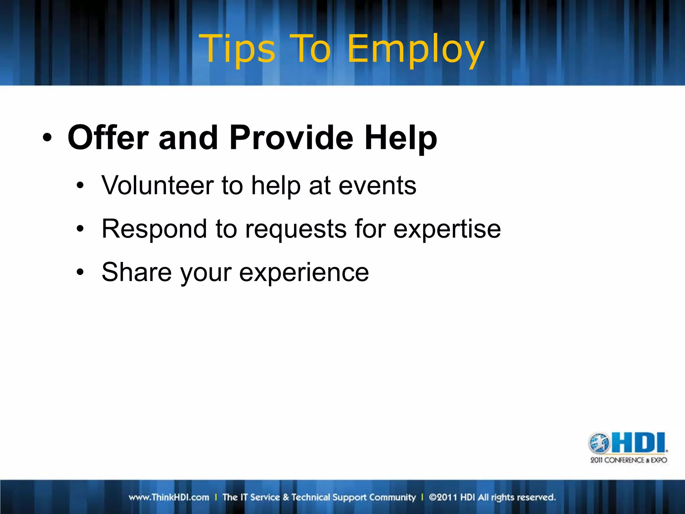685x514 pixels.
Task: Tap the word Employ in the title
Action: click(415, 50)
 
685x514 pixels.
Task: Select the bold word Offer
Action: click(108, 138)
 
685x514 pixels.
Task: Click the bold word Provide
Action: click(291, 138)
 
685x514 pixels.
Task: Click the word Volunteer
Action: click(157, 185)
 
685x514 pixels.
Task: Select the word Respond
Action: click(154, 230)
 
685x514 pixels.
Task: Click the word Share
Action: click(137, 272)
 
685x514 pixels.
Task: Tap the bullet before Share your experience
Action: click(80, 272)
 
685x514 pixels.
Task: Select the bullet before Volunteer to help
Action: click(80, 185)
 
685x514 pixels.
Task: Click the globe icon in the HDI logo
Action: click(599, 443)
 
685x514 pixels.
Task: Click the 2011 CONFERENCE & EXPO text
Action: click(628, 460)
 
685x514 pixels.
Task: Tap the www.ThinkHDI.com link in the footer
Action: click(169, 497)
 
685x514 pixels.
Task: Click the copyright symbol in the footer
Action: click(432, 497)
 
